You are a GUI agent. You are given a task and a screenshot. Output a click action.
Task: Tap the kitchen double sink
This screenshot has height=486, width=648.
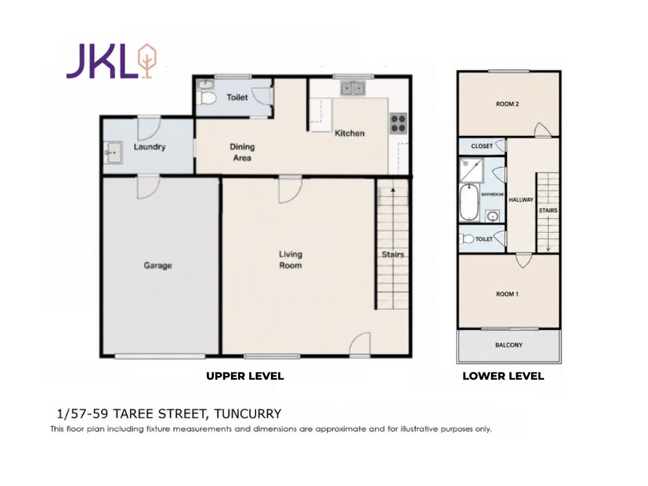tap(353, 89)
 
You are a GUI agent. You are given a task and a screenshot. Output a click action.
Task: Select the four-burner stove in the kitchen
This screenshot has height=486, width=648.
tap(398, 123)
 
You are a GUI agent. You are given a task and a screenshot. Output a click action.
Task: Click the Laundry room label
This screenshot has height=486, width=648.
tap(149, 147)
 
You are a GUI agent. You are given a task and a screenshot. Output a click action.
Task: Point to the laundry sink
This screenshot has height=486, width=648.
tap(113, 153)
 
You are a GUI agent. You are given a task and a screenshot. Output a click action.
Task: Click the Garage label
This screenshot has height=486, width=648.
tap(158, 265)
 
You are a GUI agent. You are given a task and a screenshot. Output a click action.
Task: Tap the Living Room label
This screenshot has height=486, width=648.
tap(291, 260)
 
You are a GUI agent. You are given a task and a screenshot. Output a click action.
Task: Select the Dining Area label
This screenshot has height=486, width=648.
tap(242, 152)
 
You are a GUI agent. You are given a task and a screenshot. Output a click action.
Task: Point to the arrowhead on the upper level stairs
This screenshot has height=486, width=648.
tap(393, 190)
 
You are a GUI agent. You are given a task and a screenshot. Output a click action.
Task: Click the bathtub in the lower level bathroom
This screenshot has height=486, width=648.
tap(469, 203)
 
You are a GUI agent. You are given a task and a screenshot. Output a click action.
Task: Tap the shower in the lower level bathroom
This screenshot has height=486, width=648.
tap(471, 170)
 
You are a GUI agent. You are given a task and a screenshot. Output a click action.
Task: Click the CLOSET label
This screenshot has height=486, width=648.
tap(482, 146)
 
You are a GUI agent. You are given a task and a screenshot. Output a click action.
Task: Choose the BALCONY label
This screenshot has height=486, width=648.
tap(509, 345)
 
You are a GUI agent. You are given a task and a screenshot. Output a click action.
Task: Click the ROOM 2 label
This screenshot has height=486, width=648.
tap(507, 104)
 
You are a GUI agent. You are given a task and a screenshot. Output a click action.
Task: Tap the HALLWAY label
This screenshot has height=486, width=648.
tap(521, 200)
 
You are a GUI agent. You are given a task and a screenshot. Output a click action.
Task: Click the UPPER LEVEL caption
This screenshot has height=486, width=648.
tap(245, 376)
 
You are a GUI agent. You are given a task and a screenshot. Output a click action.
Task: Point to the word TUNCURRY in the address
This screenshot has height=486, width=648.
tap(248, 414)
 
